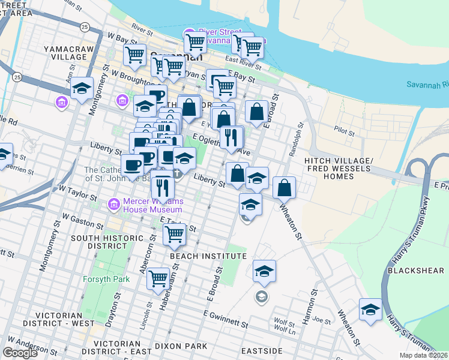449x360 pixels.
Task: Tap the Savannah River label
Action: pyautogui.click(x=427, y=83)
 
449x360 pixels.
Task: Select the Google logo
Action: pyautogui.click(x=20, y=353)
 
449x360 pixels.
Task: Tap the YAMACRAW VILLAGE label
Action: pyautogui.click(x=64, y=53)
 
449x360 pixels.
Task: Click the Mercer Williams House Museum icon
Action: pyautogui.click(x=113, y=205)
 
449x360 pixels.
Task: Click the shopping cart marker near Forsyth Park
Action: pyautogui.click(x=158, y=278)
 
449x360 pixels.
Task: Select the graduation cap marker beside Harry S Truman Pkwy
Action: pyautogui.click(x=370, y=310)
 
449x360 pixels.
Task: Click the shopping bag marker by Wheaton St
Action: pyautogui.click(x=285, y=187)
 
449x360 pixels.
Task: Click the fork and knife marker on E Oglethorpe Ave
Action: pyautogui.click(x=231, y=137)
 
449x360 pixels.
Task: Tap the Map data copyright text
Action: pyautogui.click(x=424, y=355)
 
